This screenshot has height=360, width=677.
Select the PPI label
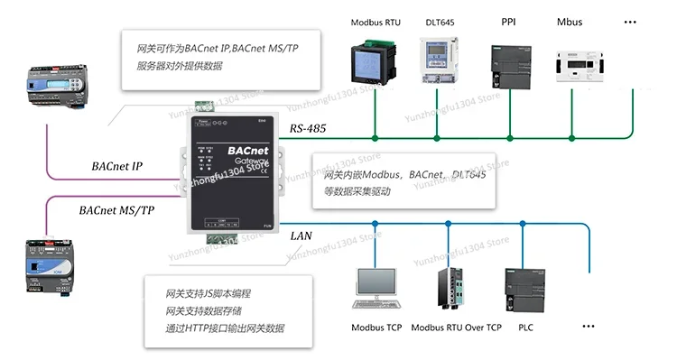click(509, 21)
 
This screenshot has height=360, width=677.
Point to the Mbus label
click(570, 22)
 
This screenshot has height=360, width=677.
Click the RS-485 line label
click(309, 129)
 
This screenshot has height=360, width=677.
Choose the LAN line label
click(301, 235)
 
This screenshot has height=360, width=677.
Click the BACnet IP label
click(117, 167)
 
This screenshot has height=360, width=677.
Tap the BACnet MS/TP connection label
click(116, 210)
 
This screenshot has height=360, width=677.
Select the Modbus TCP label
click(376, 328)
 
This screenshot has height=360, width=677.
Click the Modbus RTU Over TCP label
click(456, 328)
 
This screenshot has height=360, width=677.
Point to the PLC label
click(525, 328)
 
